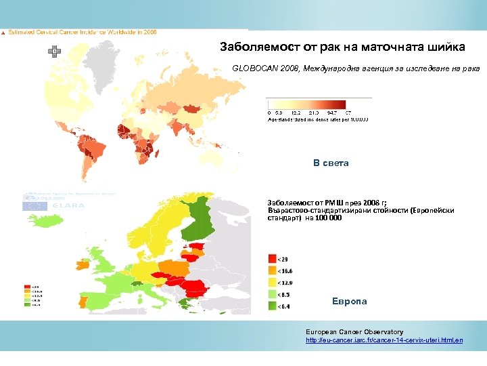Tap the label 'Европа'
click(350, 301)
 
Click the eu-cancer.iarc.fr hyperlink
click(384, 340)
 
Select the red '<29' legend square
click(272, 258)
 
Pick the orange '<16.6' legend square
click(272, 270)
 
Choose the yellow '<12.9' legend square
click(272, 282)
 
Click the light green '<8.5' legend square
click(272, 294)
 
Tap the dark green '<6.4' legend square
click(272, 306)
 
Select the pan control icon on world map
click(53, 51)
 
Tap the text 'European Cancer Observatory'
click(354, 331)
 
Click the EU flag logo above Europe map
click(33, 205)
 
